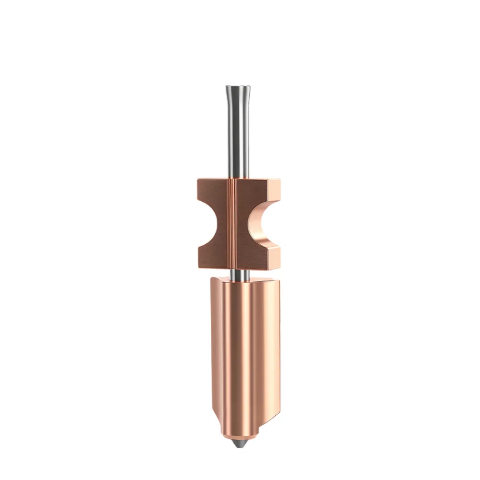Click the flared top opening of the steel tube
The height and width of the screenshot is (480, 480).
click(238, 88)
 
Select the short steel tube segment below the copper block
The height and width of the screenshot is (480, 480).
click(239, 274)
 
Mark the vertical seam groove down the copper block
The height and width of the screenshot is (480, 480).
click(234, 223)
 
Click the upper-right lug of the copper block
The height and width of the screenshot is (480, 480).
click(269, 190)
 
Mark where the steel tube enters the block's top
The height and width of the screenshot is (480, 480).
click(239, 179)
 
